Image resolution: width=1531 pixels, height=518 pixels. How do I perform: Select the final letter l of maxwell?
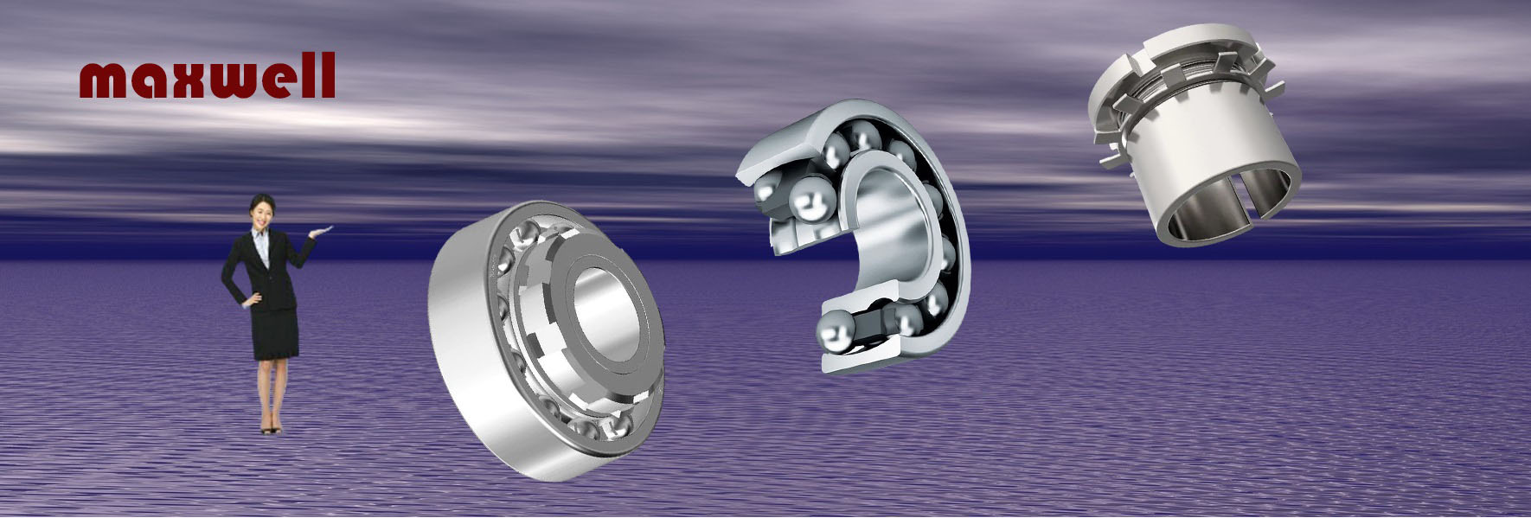(327, 74)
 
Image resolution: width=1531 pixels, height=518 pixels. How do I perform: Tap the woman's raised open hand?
(322, 228)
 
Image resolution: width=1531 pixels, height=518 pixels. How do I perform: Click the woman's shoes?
(271, 426)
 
